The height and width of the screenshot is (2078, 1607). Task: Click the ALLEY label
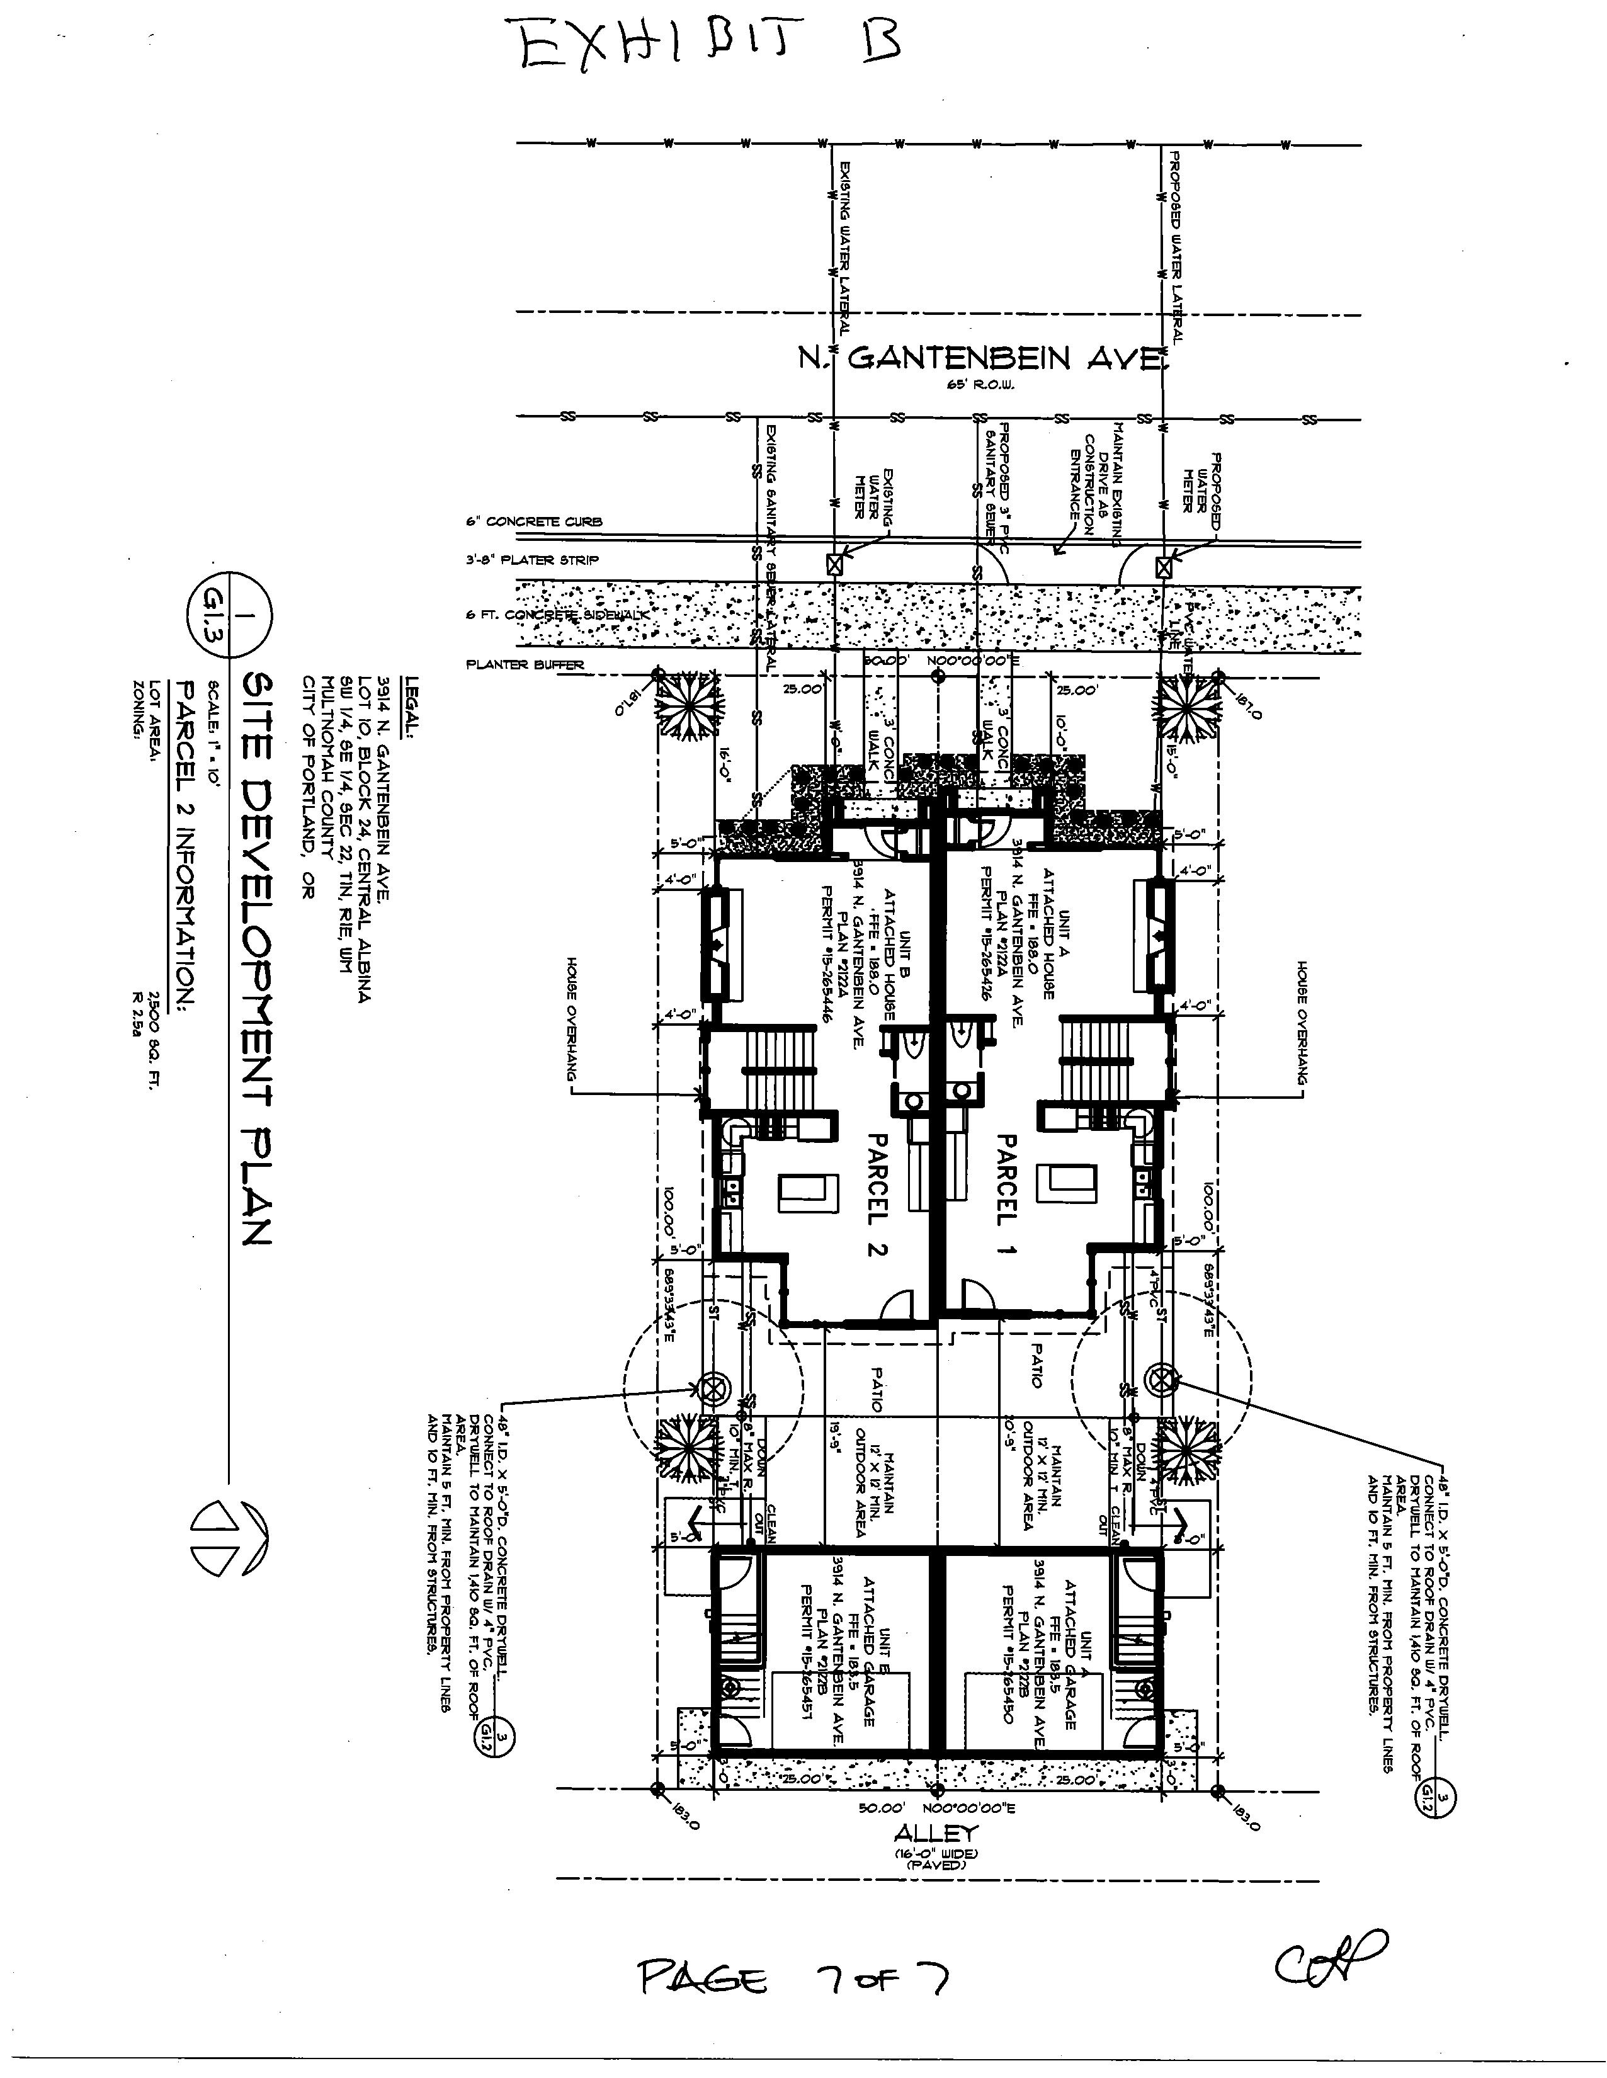[937, 1832]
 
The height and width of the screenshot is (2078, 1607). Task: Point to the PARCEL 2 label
[877, 1193]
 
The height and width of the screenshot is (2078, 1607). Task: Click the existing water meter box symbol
[834, 564]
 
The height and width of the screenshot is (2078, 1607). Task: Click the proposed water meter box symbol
[1162, 567]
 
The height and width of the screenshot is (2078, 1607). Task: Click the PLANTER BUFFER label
[525, 665]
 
